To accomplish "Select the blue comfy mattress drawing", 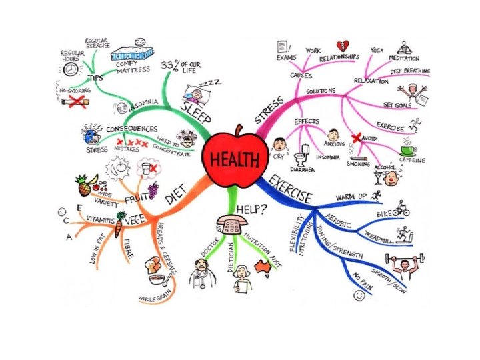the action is [133, 52].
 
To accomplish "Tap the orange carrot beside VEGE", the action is [117, 228].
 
